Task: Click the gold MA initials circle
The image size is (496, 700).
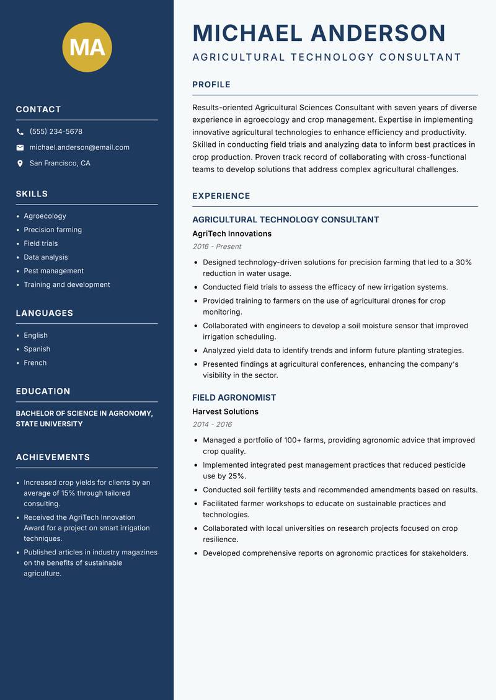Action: [87, 47]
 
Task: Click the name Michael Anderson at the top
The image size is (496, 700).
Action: [319, 33]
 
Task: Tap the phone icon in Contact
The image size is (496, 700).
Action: [20, 132]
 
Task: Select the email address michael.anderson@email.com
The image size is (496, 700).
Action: [79, 147]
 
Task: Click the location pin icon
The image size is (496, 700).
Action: [20, 164]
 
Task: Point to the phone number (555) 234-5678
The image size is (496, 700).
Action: [56, 132]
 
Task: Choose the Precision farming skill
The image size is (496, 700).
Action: [53, 230]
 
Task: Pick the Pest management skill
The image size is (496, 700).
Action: [53, 271]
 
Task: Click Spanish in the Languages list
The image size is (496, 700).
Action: [37, 349]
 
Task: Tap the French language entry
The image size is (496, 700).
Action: [35, 363]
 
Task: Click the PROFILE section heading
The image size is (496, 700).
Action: [211, 85]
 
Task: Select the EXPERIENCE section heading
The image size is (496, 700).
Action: [221, 196]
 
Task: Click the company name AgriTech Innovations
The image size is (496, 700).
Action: [232, 234]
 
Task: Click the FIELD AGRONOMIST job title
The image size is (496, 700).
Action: [234, 398]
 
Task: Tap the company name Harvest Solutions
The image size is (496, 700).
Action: [225, 412]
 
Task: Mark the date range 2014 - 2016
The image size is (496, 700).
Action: [212, 424]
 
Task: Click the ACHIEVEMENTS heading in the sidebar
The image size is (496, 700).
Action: [53, 458]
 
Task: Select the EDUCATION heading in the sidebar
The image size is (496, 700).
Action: [43, 392]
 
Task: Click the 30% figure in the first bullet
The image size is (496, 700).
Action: [463, 263]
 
